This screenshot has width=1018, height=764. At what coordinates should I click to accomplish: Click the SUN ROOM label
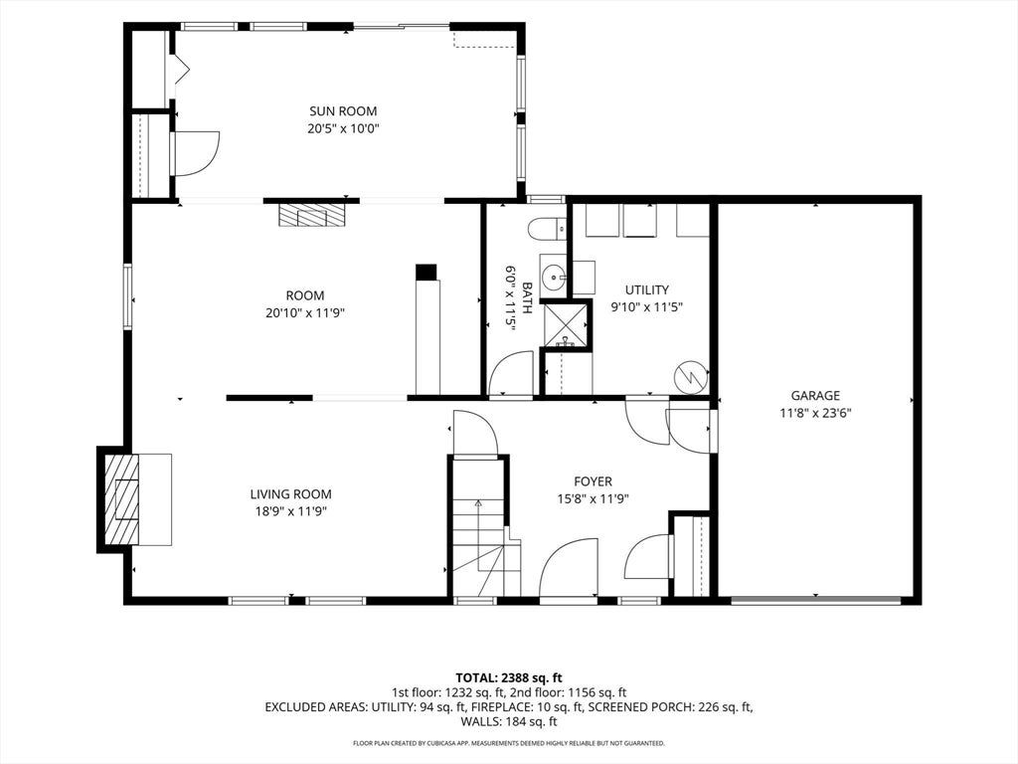[343, 111]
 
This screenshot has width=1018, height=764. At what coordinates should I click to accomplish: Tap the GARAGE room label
[815, 395]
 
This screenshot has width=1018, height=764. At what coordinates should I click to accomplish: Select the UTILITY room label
[646, 289]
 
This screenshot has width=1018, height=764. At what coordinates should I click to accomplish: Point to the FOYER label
[593, 481]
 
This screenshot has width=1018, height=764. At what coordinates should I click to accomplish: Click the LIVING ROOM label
[291, 494]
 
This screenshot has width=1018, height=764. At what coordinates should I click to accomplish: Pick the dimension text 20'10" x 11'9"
[305, 313]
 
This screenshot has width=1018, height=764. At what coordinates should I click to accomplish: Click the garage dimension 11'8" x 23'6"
[815, 413]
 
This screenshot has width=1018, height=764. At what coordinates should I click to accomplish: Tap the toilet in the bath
[546, 229]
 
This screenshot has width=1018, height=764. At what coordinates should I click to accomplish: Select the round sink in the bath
[554, 280]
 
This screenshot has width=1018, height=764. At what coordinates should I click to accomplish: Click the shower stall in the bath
[566, 325]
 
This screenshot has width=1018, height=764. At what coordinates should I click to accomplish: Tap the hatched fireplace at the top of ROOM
[311, 215]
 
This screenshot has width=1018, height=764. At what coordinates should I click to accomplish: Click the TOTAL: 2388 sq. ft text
[508, 678]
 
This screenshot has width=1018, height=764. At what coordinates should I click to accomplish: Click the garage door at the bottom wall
[816, 600]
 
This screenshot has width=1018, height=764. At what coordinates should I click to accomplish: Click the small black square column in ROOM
[426, 272]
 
